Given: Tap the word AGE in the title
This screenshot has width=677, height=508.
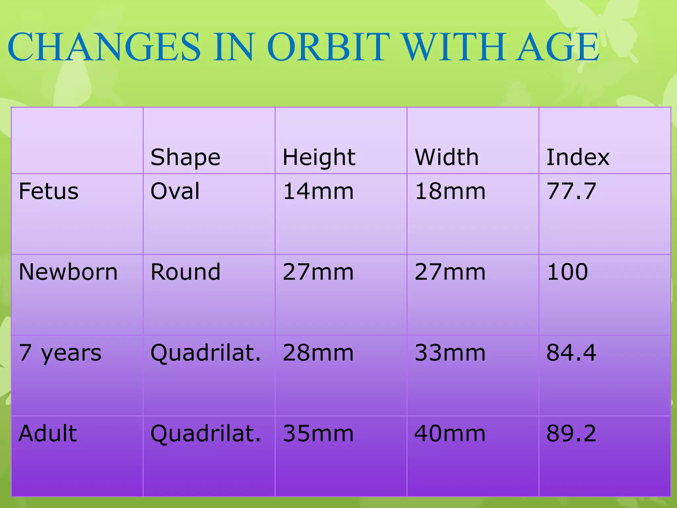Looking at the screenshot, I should (x=558, y=47).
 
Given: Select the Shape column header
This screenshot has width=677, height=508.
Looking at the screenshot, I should (x=185, y=157).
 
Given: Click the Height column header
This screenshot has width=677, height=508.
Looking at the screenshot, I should (x=319, y=157).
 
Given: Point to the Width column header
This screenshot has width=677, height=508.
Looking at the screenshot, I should (x=447, y=157).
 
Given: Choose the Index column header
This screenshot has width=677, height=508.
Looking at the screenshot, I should (x=578, y=157).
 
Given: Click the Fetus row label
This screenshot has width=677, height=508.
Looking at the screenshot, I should (x=49, y=191).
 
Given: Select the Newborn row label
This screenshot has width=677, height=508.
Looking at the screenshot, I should (x=68, y=272).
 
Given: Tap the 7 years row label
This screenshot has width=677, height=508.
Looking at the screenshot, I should (x=60, y=353).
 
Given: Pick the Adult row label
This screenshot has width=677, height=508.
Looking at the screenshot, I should (x=48, y=434).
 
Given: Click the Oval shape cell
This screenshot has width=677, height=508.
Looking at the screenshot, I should (x=175, y=191).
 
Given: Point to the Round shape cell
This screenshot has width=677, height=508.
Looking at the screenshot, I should (x=185, y=272).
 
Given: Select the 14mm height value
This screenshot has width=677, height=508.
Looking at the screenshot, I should (x=318, y=191).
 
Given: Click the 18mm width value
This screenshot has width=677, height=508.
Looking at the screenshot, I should (x=450, y=191).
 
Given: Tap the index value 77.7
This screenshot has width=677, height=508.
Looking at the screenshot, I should (x=571, y=191).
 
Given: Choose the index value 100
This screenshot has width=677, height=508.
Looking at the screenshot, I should (x=567, y=272).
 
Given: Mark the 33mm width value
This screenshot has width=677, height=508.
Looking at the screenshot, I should (x=450, y=353).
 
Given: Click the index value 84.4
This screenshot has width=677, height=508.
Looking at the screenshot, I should (x=571, y=353).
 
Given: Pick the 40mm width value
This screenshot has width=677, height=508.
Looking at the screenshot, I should (x=450, y=434).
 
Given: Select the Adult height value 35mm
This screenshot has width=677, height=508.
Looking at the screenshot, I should (x=318, y=434).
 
